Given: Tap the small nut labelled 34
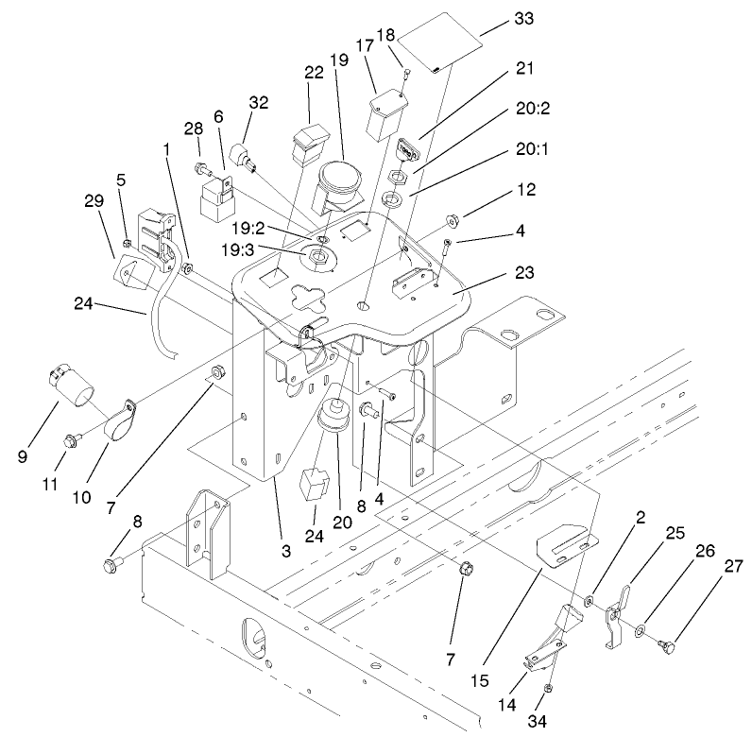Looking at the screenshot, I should (x=552, y=688).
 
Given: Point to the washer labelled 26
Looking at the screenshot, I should (x=642, y=629).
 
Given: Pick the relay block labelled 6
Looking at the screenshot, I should (x=216, y=197).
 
